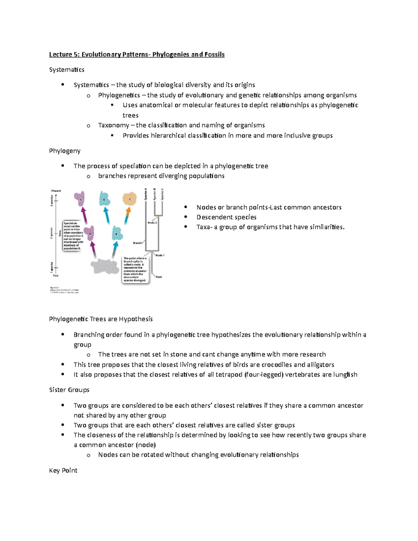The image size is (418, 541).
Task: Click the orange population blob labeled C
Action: (130, 199)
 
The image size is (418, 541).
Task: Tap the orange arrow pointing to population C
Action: (128, 214)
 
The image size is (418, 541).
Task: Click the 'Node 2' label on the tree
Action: (152, 222)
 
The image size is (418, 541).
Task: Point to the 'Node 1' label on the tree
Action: (160, 255)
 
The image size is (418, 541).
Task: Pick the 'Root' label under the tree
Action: (159, 277)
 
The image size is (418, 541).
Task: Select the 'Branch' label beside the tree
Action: (138, 243)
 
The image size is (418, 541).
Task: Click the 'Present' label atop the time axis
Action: (56, 191)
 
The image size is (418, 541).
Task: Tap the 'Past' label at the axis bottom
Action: (56, 276)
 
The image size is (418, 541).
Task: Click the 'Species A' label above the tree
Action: (146, 194)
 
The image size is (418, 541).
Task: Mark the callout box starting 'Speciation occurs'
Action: (72, 235)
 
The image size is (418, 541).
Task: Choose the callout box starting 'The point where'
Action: (135, 269)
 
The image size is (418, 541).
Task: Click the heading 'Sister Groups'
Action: (69, 390)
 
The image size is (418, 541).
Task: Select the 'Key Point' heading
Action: (63, 470)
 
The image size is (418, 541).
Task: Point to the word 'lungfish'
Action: (345, 374)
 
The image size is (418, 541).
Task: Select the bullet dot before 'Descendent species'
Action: (186, 217)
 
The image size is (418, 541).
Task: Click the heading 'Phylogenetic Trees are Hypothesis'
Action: (101, 319)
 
